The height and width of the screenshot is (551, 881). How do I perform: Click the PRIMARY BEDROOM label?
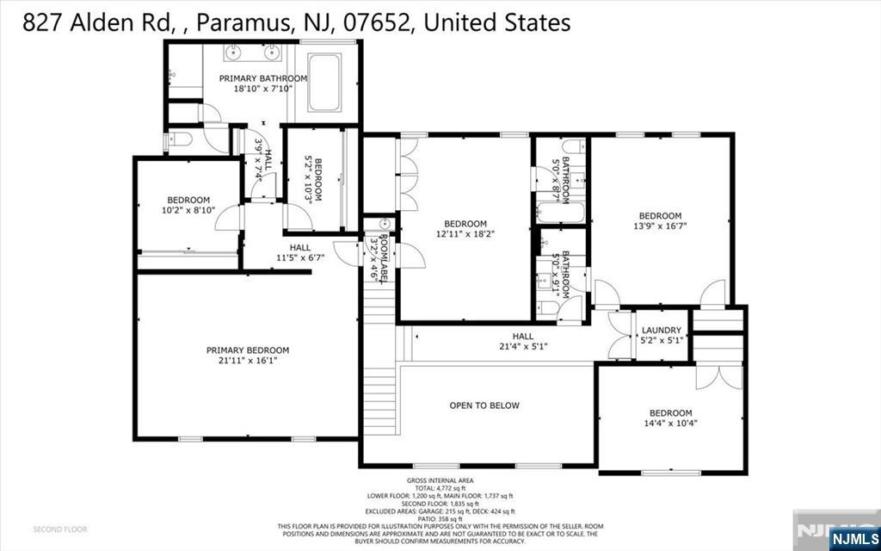click(x=247, y=350)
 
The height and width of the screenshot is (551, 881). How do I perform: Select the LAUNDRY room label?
click(x=662, y=330)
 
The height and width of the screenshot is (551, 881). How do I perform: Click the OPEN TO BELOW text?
click(x=484, y=406)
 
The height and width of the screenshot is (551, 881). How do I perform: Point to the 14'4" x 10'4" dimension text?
click(x=670, y=424)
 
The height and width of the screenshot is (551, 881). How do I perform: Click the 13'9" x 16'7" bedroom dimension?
click(x=660, y=226)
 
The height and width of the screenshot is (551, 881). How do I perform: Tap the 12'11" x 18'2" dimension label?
click(x=465, y=233)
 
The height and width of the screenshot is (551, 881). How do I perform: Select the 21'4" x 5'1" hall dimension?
click(x=522, y=347)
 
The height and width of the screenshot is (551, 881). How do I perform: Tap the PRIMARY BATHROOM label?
click(x=262, y=78)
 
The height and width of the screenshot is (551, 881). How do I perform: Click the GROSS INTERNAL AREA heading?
click(x=440, y=480)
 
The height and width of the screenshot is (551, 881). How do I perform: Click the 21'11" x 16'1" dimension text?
click(x=247, y=361)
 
